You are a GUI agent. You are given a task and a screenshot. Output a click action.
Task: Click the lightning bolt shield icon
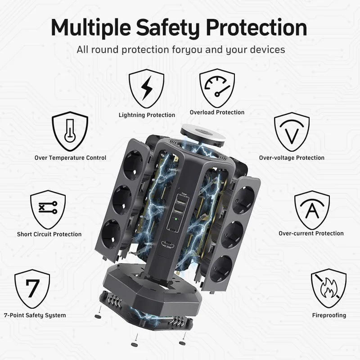(146, 88)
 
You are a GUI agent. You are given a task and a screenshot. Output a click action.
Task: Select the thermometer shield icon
(70, 131)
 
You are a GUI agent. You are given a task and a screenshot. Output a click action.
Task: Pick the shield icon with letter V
(292, 131)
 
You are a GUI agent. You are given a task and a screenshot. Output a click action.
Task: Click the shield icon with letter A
(312, 210)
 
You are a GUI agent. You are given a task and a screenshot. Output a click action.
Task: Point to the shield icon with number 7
(32, 288)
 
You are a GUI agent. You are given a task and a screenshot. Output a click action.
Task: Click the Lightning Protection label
(147, 115)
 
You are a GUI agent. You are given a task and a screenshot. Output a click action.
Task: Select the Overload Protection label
(217, 112)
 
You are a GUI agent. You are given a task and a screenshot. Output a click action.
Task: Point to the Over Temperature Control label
(70, 158)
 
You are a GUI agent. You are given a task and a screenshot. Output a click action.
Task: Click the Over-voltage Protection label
(292, 158)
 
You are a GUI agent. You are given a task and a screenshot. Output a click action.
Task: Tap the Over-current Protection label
(311, 234)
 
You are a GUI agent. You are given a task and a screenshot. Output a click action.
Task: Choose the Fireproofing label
(329, 315)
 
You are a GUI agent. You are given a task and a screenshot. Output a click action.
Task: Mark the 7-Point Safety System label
(35, 315)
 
